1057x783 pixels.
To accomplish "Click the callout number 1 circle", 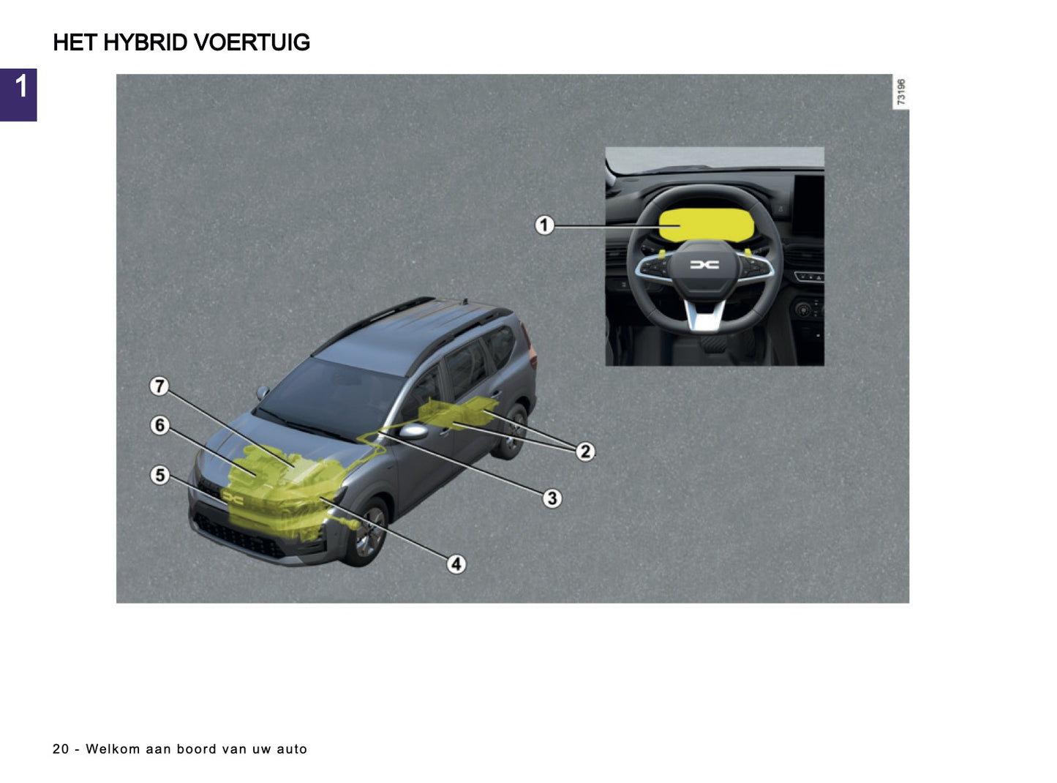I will (x=543, y=225).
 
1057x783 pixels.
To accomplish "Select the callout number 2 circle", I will (x=585, y=452).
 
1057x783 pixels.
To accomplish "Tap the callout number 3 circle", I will (x=552, y=498).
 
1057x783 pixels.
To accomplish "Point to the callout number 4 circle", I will (x=456, y=564).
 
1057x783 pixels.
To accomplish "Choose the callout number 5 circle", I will (x=160, y=475).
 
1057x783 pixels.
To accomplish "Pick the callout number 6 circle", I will (x=160, y=425).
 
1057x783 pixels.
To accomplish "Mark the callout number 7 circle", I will (x=159, y=386).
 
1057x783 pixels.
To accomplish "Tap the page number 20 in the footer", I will (x=61, y=749).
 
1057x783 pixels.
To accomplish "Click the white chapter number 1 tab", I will (x=20, y=86).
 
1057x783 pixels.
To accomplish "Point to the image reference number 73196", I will (x=901, y=92).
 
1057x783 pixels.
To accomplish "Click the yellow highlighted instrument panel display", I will (x=706, y=225).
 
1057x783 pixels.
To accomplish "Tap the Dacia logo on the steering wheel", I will (x=704, y=265).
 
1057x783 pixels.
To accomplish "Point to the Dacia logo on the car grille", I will (x=233, y=498).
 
